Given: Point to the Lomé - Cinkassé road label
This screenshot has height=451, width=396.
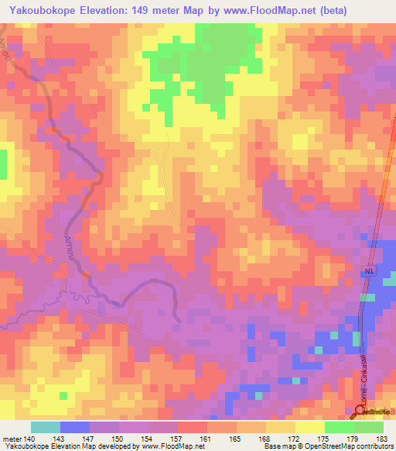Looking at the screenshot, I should (x=359, y=371).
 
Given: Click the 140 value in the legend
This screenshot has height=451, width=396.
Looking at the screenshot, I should (x=29, y=438).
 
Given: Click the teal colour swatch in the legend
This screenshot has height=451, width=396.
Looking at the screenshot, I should (x=45, y=427).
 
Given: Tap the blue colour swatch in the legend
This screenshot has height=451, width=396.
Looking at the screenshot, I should (x=74, y=427).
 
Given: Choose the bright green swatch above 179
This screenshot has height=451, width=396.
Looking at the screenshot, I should (x=339, y=427).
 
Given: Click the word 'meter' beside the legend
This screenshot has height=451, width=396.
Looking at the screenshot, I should (x=12, y=438).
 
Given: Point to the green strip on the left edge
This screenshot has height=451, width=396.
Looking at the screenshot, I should (x=3, y=164).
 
